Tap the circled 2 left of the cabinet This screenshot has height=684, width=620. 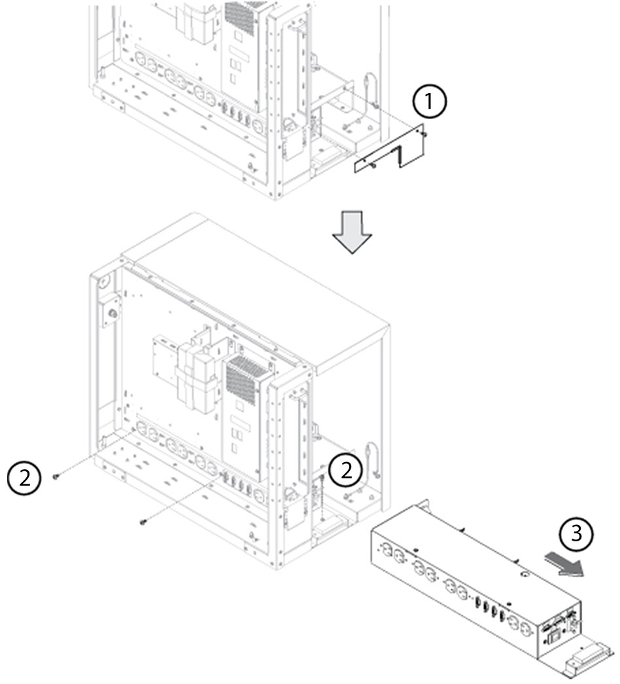tap(24, 477)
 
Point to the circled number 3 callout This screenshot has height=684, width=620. tap(576, 534)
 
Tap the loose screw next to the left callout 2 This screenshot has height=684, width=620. tap(57, 477)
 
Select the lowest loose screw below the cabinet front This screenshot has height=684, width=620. tap(143, 522)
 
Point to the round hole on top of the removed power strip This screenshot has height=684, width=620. tap(524, 576)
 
